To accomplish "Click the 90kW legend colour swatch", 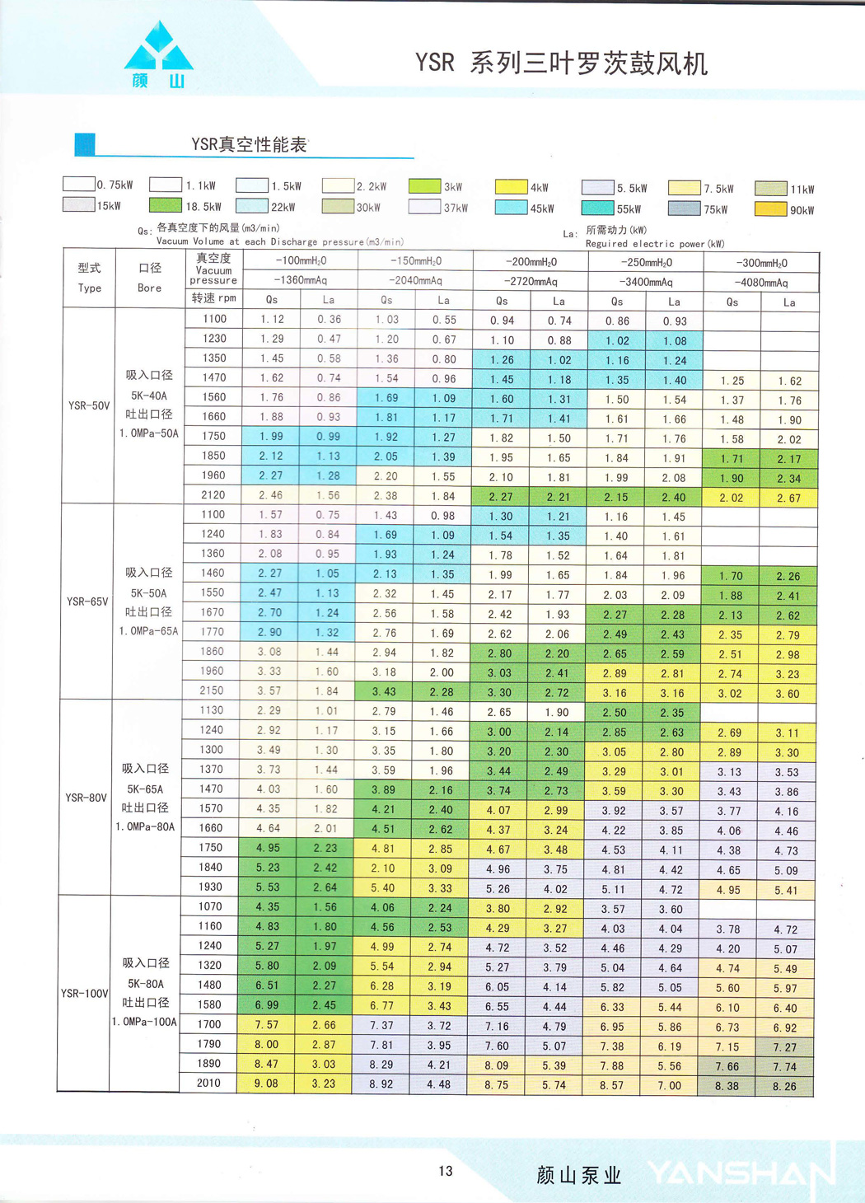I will pyautogui.click(x=771, y=208).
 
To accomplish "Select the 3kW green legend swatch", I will pyautogui.click(x=425, y=186).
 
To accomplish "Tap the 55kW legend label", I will pyautogui.click(x=629, y=209).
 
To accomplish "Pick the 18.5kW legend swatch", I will pyautogui.click(x=165, y=205).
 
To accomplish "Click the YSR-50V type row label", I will pyautogui.click(x=89, y=405).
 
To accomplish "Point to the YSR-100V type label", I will pyautogui.click(x=85, y=993).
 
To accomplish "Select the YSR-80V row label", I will pyautogui.click(x=86, y=798).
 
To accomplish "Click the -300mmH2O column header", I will pyautogui.click(x=761, y=263).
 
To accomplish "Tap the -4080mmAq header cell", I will pyautogui.click(x=761, y=282).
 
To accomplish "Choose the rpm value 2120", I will pyautogui.click(x=213, y=495).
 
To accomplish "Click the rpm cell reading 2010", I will pyautogui.click(x=208, y=1083).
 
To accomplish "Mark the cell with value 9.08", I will pyautogui.click(x=266, y=1084).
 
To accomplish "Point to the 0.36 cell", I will pyautogui.click(x=329, y=319).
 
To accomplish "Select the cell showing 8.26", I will pyautogui.click(x=784, y=1087).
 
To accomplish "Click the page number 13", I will pyautogui.click(x=446, y=1171).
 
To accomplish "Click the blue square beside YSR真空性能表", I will pyautogui.click(x=85, y=145).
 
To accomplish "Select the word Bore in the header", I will pyautogui.click(x=149, y=288).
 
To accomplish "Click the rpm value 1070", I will pyautogui.click(x=210, y=906).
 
